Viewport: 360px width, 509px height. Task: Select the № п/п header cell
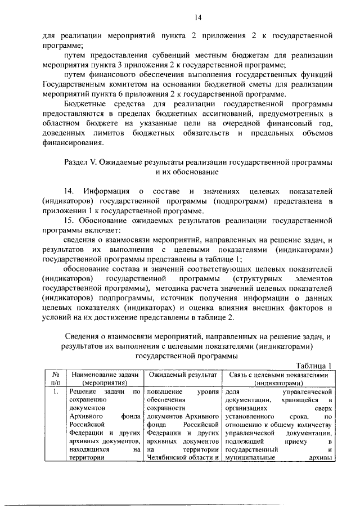click(x=56, y=378)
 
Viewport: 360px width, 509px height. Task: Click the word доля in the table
click(x=232, y=391)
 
